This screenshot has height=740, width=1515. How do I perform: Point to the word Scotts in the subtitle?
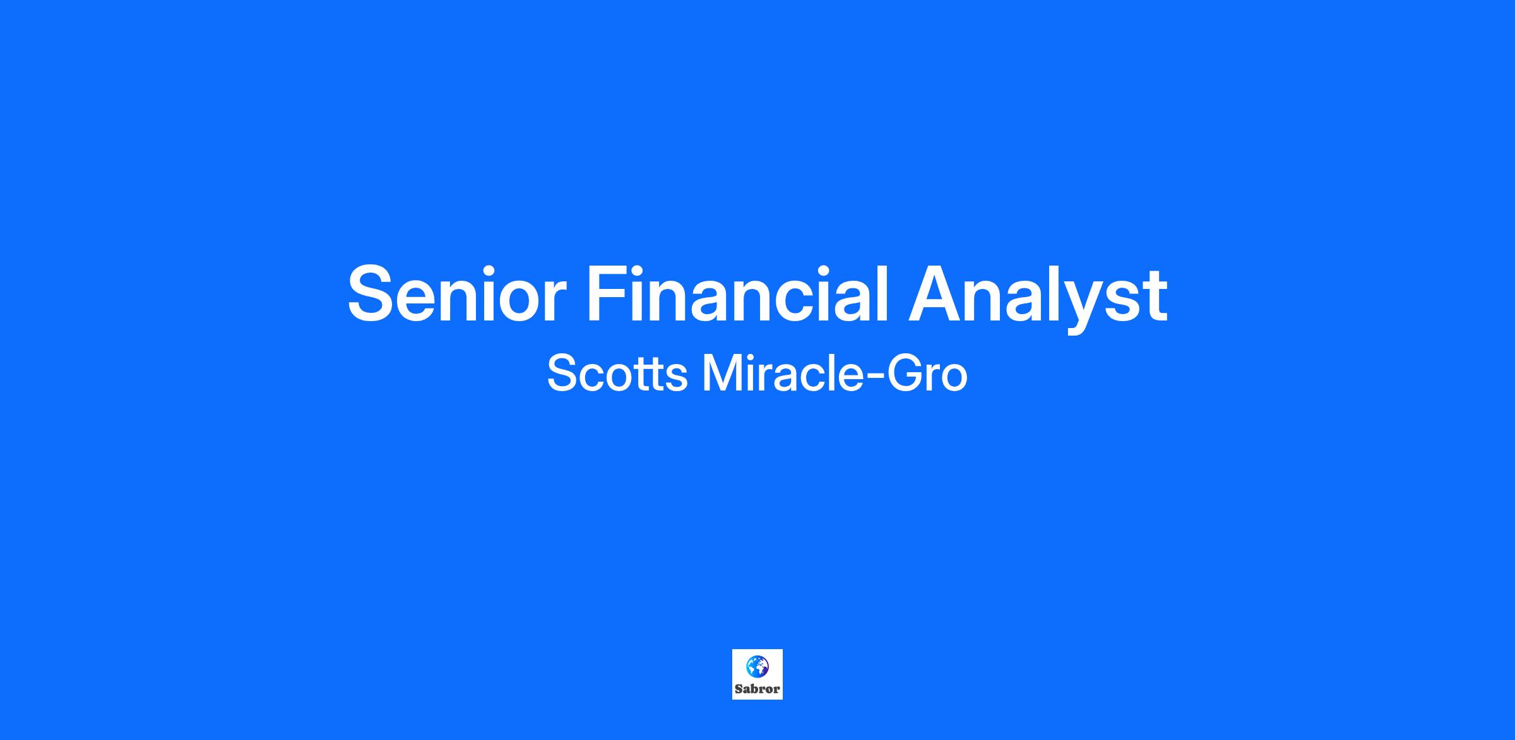617,373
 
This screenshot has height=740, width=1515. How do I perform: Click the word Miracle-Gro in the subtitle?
835,373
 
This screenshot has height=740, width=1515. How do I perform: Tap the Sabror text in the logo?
757,689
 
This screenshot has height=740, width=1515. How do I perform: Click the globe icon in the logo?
757,666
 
